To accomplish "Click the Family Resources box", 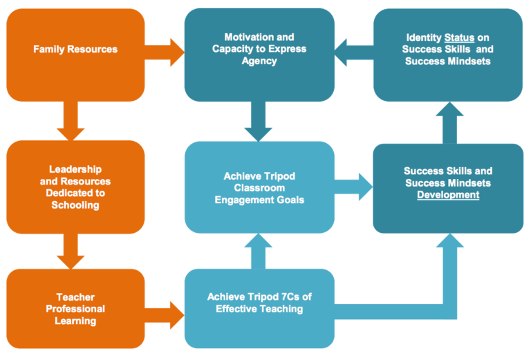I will [75, 50].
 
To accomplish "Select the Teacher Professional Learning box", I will [75, 309].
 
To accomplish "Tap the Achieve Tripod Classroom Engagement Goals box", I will [259, 187].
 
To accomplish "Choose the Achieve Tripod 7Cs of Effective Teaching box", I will [259, 303].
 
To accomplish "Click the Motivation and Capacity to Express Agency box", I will [259, 49].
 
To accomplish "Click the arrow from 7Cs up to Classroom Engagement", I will [259, 252].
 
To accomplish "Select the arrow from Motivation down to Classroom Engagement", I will [259, 122].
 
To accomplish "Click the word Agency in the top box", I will [259, 61].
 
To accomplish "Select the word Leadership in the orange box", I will [75, 169].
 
